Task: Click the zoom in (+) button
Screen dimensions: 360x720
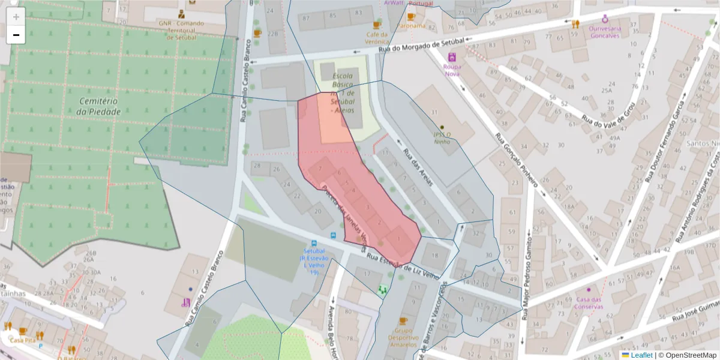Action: (16, 17)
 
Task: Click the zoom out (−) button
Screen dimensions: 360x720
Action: (16, 35)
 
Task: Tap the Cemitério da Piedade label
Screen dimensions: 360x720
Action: (100, 107)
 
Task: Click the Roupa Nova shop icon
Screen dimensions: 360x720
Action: (452, 58)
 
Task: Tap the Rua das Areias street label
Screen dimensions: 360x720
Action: (418, 167)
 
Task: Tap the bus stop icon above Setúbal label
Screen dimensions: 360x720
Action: (314, 244)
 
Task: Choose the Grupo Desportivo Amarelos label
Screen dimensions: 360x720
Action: (403, 337)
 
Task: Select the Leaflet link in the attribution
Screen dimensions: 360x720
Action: (642, 355)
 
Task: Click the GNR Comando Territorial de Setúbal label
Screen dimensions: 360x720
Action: (181, 30)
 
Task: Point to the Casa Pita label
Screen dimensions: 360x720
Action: (23, 340)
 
